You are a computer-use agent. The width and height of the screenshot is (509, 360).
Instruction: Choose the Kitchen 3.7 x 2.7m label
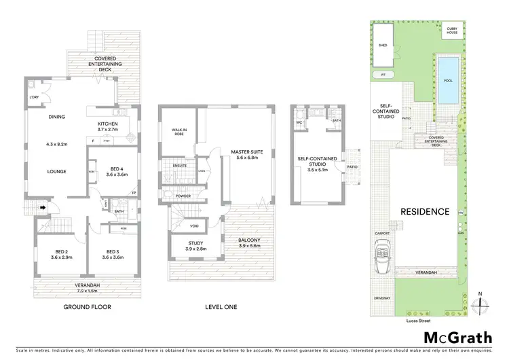pos(107,126)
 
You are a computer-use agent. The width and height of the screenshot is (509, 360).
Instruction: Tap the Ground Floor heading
pos(87,307)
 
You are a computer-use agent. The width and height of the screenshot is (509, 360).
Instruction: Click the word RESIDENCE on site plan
pos(424,211)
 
